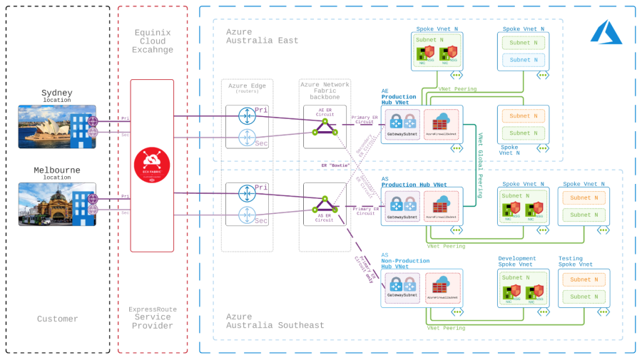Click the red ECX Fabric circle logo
pyautogui.click(x=152, y=166)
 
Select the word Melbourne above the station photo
pyautogui.click(x=57, y=170)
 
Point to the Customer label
pyautogui.click(x=58, y=319)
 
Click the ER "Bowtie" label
pyautogui.click(x=336, y=165)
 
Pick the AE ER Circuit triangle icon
pyautogui.click(x=325, y=126)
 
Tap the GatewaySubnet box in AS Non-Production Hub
pyautogui.click(x=402, y=287)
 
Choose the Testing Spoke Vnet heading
pyautogui.click(x=576, y=262)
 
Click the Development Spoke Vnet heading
pyautogui.click(x=517, y=262)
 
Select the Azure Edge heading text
pyautogui.click(x=247, y=86)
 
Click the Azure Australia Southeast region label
pyautogui.click(x=275, y=321)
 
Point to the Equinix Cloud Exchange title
pyautogui.click(x=153, y=41)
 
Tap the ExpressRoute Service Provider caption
pyautogui.click(x=153, y=317)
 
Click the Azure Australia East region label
pyautogui.click(x=262, y=36)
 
